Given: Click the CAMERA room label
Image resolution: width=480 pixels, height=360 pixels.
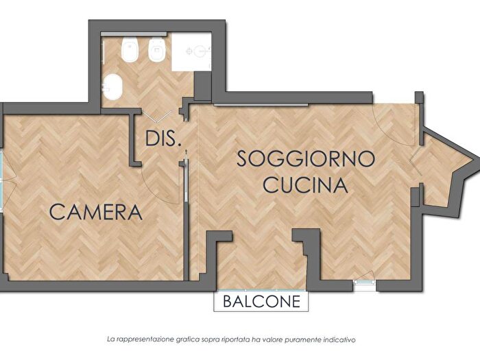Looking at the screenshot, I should pos(97,212).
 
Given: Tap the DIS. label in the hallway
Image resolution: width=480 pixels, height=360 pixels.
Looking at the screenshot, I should pos(164,139).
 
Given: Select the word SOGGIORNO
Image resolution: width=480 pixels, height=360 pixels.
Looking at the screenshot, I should pos(306,158).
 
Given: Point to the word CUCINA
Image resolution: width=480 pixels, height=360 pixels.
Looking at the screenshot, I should pos(306,184).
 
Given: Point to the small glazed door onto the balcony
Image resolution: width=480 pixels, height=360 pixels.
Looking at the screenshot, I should pos(363,280).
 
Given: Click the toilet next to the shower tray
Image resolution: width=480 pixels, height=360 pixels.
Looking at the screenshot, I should pos(157,51).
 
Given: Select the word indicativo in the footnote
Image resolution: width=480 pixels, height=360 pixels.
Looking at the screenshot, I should pos(355,339).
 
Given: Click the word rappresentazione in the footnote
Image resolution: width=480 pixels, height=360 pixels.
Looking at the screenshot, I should pos(148,339).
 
